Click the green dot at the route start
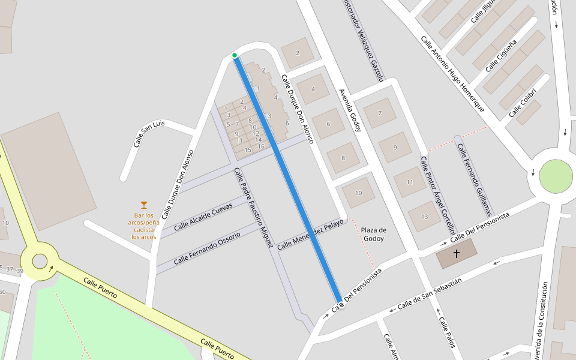[235, 56]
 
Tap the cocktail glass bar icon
[143, 205]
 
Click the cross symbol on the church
[456, 254]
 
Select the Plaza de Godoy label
[373, 234]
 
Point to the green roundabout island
[556, 176]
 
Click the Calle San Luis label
[149, 133]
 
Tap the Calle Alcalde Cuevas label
[203, 217]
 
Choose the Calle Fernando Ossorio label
[206, 248]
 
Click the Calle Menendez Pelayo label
[311, 233]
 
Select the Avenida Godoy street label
[351, 111]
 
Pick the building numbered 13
[425, 217]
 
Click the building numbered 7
[380, 113]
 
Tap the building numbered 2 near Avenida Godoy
[297, 53]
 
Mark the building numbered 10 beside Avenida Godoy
[359, 193]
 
